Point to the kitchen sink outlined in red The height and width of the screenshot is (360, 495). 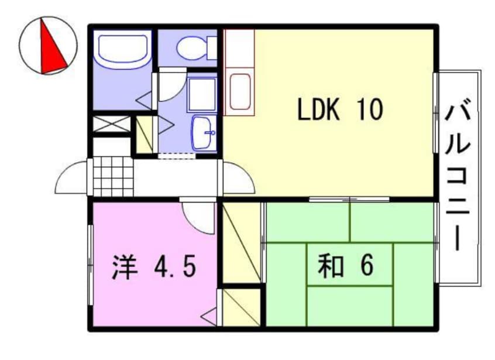coord(240,91)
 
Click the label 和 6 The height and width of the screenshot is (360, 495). coord(345,267)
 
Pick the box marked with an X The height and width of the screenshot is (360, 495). coord(112,124)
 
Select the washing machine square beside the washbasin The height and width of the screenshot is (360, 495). coord(201,94)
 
